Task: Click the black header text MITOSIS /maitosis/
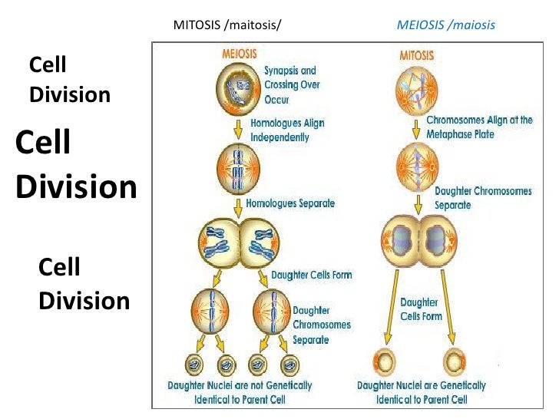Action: pos(228,25)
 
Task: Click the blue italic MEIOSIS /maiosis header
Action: pos(445,25)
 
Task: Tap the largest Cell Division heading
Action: pos(75,164)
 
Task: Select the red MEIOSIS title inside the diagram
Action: pos(240,54)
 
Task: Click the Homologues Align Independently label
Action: pos(287,130)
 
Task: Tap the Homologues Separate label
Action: pos(290,203)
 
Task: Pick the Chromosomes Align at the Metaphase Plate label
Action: pos(479,127)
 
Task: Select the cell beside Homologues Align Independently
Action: pos(240,167)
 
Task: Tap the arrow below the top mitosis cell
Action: pos(418,125)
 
